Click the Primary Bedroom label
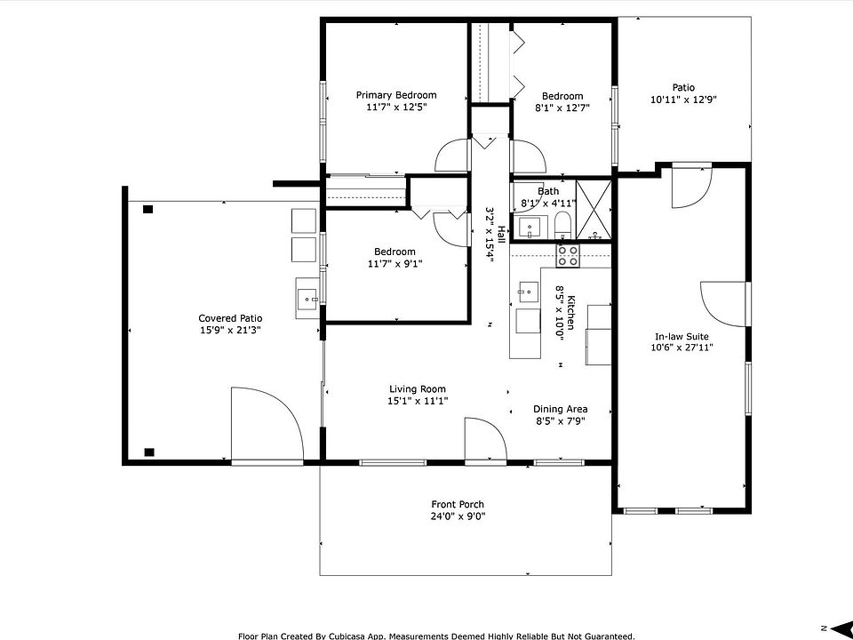[x=396, y=95]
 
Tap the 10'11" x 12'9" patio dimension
[x=683, y=100]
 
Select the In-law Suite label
[x=682, y=337]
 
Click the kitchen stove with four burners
[x=568, y=256]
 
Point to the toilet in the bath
[x=562, y=225]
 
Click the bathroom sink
[x=530, y=228]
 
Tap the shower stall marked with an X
[x=594, y=210]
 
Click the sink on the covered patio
[x=308, y=299]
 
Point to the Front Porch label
[x=458, y=505]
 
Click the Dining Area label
[x=561, y=409]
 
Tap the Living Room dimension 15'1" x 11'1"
[x=418, y=402]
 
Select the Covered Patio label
[x=230, y=318]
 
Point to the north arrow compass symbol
[x=837, y=628]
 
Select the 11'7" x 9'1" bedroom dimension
[x=395, y=265]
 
